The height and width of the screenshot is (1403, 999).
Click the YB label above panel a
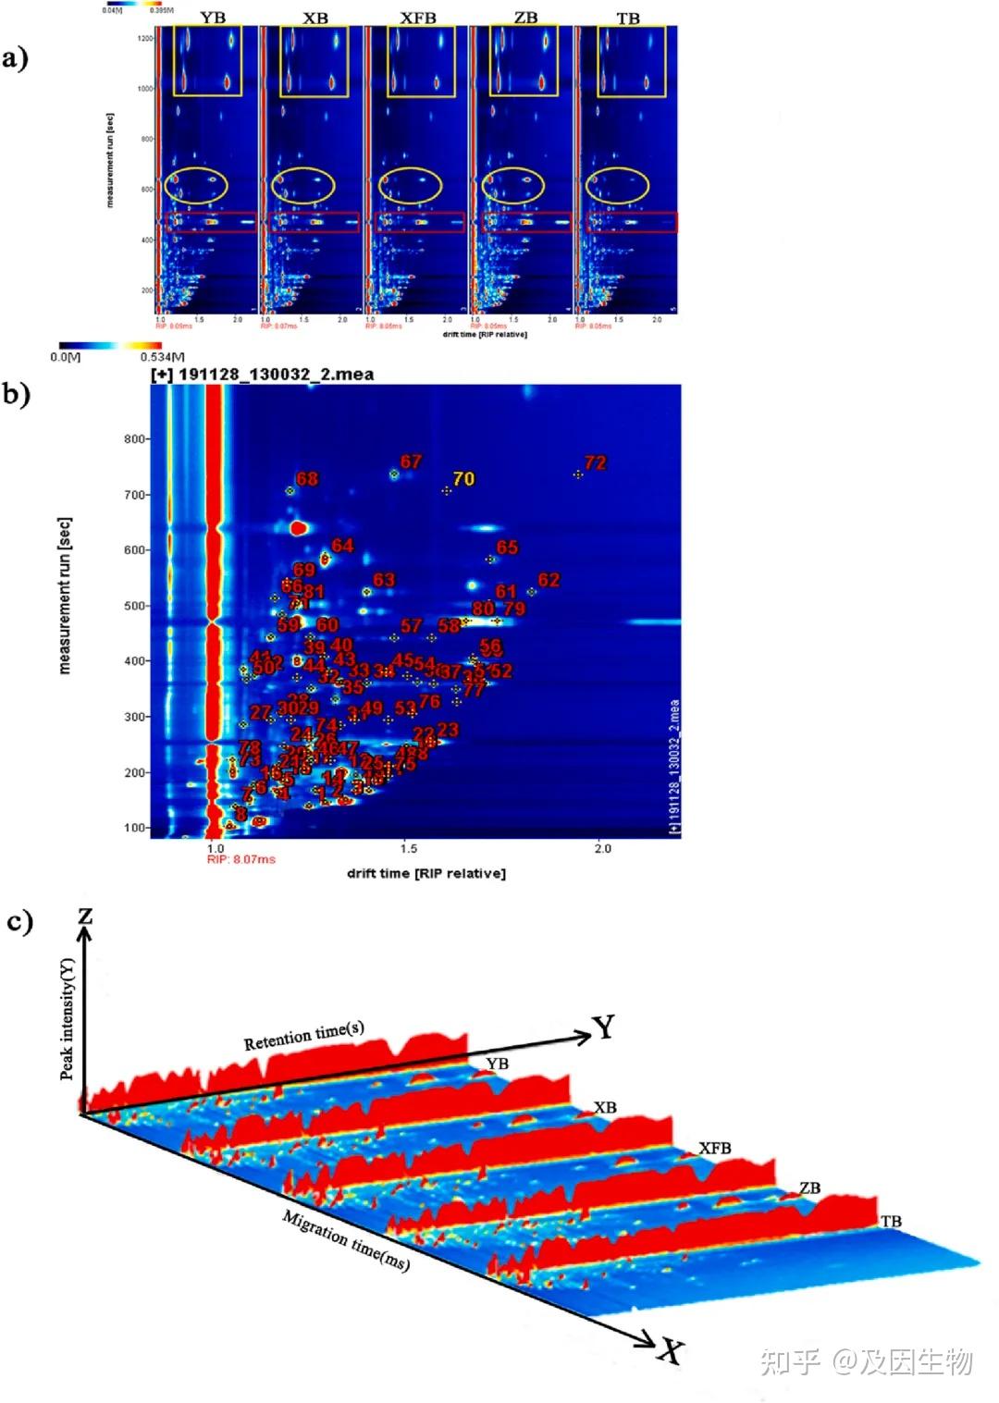pyautogui.click(x=213, y=18)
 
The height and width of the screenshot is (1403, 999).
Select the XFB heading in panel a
pyautogui.click(x=418, y=18)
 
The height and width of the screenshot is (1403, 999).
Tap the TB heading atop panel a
pyautogui.click(x=628, y=18)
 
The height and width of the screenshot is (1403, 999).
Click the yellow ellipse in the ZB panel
pyautogui.click(x=512, y=186)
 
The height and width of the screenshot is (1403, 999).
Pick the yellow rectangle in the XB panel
pyautogui.click(x=314, y=61)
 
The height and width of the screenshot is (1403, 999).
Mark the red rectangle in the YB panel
pyautogui.click(x=211, y=222)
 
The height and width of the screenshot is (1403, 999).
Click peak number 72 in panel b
pyautogui.click(x=596, y=462)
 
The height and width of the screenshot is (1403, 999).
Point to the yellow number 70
pyautogui.click(x=463, y=479)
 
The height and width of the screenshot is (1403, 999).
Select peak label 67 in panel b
pyautogui.click(x=411, y=462)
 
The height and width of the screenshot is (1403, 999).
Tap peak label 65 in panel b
pyautogui.click(x=507, y=548)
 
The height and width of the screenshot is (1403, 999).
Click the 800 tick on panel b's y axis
pyautogui.click(x=135, y=439)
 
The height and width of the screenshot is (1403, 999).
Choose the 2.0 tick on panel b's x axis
pyautogui.click(x=602, y=848)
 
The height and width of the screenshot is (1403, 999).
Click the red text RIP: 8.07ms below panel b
pyautogui.click(x=241, y=859)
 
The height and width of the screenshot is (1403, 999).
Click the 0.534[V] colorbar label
pyautogui.click(x=162, y=357)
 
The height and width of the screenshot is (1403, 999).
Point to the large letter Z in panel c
pyautogui.click(x=85, y=916)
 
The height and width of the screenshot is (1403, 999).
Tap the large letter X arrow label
pyautogui.click(x=672, y=1352)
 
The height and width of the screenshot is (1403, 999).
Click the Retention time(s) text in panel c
pyautogui.click(x=304, y=1036)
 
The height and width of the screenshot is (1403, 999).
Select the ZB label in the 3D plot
pyautogui.click(x=809, y=1188)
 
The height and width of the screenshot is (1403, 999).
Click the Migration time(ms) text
pyautogui.click(x=346, y=1240)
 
